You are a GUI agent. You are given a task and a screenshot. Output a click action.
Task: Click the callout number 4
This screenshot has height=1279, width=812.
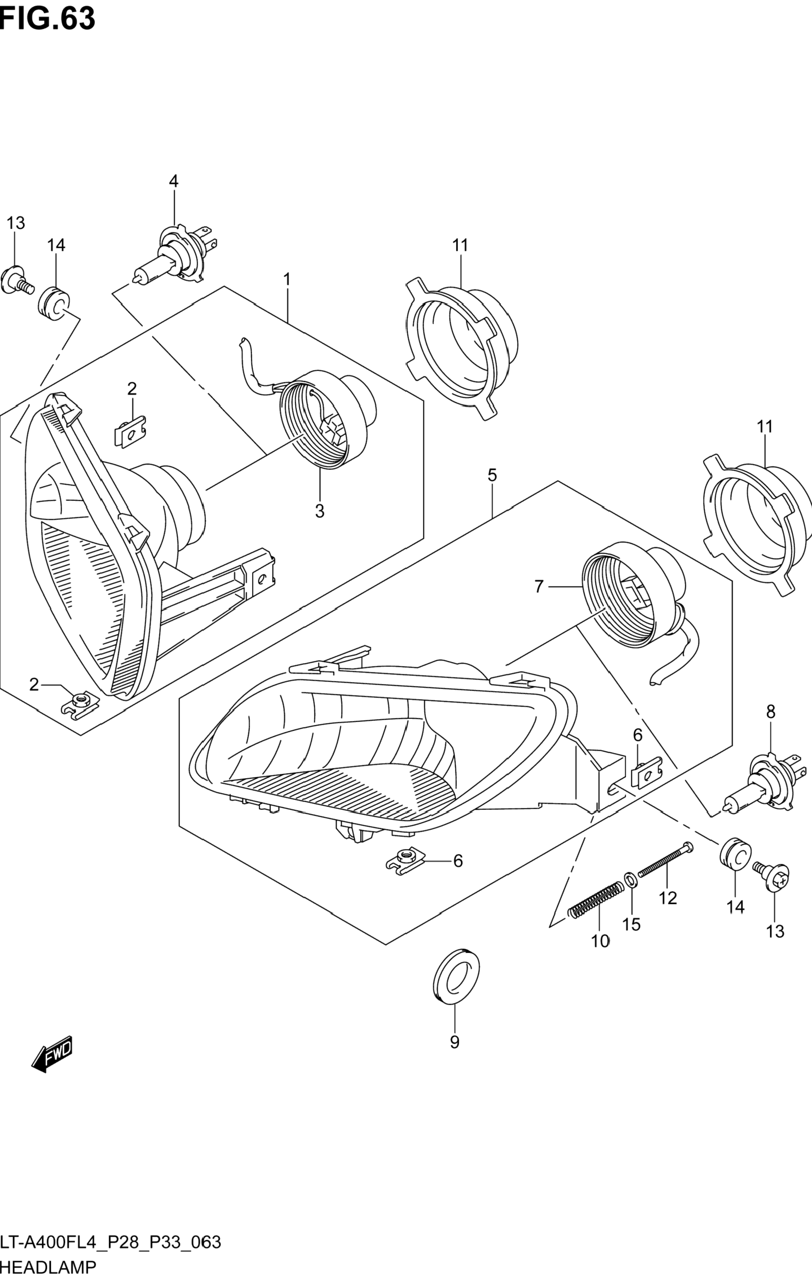pos(174,181)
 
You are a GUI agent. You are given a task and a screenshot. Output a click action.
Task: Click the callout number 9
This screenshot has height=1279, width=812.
pos(454,1042)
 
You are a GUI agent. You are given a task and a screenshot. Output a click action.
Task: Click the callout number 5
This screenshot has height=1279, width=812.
pos(492,475)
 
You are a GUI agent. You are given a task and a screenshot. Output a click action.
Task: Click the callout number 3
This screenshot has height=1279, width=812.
pos(319,511)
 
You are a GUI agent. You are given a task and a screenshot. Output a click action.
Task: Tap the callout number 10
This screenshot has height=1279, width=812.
pos(600,941)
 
